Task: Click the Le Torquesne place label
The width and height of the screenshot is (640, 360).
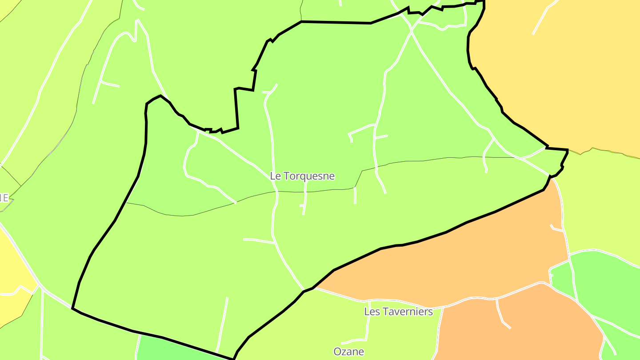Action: point(302,176)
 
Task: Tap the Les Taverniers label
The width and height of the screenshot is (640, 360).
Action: point(398,312)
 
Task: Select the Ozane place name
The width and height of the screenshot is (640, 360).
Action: point(349,352)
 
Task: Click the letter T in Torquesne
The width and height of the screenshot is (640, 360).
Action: point(286,176)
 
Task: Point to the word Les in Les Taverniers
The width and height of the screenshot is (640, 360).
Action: point(372,312)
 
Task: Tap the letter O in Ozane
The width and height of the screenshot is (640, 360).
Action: point(337,352)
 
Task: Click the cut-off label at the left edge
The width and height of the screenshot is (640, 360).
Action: point(4,198)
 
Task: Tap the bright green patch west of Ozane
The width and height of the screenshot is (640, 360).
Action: point(178,351)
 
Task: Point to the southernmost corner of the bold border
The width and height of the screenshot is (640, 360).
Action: point(233,359)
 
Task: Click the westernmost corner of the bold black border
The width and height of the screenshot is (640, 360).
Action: point(72,308)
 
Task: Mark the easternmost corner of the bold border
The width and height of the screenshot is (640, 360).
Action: point(568,150)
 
